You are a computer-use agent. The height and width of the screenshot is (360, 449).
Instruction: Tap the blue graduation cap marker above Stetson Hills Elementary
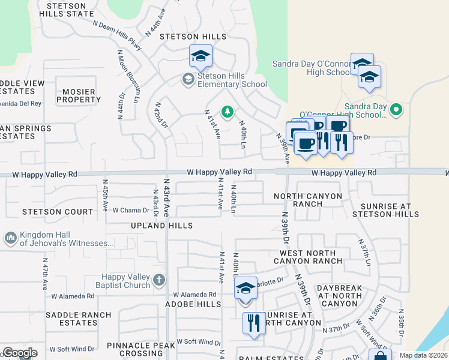coord(200,57)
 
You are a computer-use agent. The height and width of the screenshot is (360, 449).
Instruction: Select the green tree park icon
coord(228,112)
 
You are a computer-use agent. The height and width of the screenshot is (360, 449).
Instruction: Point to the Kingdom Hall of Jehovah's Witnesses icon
coord(10,238)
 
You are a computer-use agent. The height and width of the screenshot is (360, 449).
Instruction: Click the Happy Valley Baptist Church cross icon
coord(158,280)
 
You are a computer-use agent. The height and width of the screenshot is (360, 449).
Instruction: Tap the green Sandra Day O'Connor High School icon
coord(396,109)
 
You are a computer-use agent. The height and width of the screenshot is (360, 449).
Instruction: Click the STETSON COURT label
coord(58,212)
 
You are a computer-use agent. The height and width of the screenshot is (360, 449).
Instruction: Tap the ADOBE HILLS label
coord(193,305)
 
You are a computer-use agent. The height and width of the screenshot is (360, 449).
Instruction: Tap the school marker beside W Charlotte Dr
coord(245,289)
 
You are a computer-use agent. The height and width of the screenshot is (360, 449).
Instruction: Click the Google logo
coord(19,353)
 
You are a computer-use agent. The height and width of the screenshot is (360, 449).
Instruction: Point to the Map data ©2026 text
coord(423,355)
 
